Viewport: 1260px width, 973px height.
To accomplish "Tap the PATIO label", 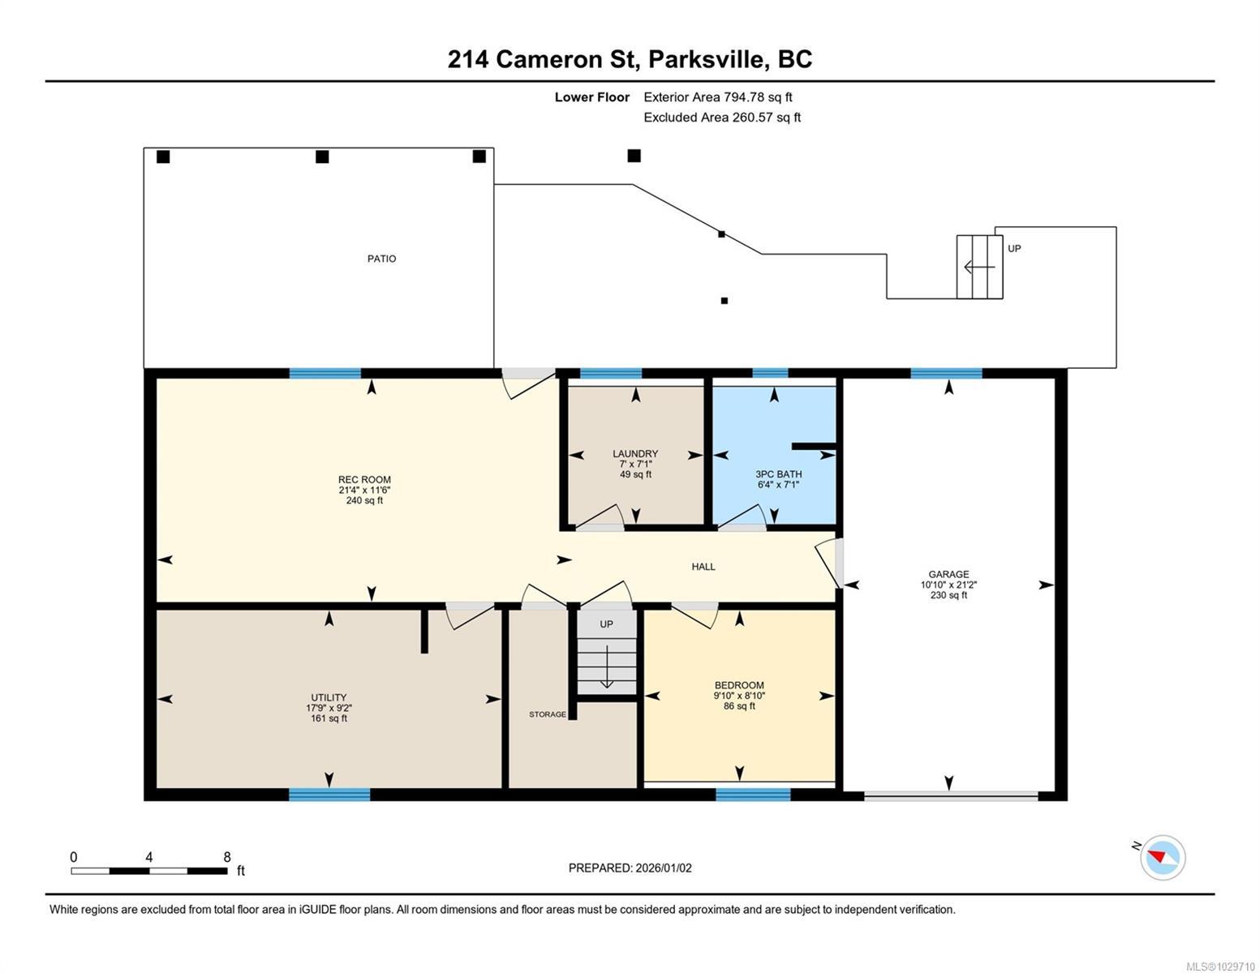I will coord(381,259).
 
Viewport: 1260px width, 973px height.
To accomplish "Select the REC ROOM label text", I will coord(364,480).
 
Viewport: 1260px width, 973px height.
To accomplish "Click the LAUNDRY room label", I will coord(635,454).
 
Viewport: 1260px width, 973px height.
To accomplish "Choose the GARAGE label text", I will coord(948,574).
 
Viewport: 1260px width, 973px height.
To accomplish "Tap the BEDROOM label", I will coord(739,685).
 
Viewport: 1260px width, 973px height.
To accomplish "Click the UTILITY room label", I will coord(329,697).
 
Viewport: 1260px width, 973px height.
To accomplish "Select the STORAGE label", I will coord(548,714).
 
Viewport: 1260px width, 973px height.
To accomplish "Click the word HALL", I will coord(703,567).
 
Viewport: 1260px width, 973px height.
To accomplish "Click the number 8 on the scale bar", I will coord(227,857).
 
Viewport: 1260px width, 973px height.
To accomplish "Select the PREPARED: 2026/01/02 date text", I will coord(630,868).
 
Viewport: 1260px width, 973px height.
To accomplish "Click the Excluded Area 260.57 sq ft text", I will coord(722,118).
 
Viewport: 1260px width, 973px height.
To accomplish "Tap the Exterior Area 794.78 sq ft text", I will coord(717,97).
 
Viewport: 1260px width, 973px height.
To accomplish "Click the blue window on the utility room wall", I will coord(329,795).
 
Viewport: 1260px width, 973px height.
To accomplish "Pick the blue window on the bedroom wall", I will coord(753,795).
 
